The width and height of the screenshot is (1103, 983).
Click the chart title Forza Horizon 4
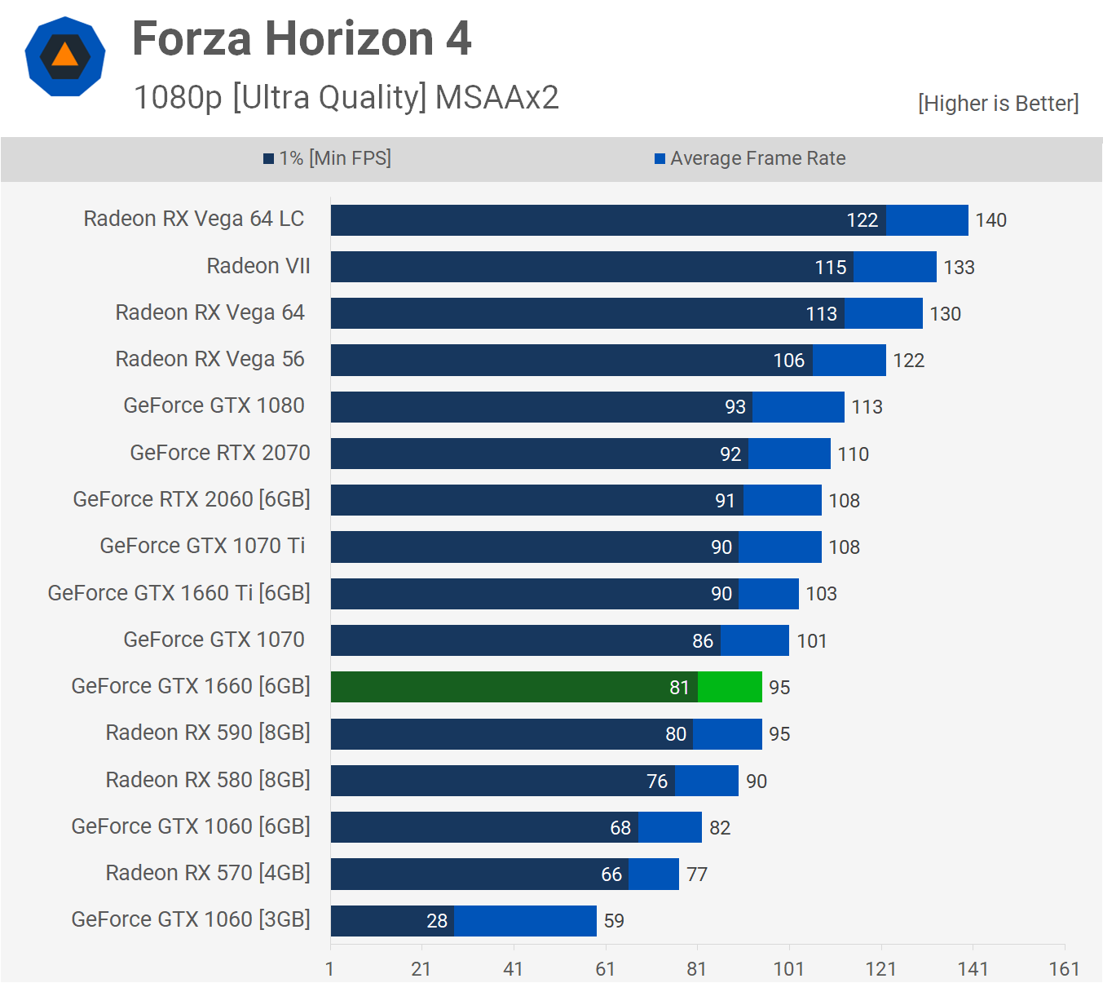tap(302, 39)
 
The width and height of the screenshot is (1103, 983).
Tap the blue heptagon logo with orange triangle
tap(65, 57)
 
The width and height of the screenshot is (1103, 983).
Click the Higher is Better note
tap(998, 104)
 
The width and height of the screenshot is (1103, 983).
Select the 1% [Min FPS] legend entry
tap(327, 158)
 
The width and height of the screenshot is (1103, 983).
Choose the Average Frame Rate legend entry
tap(750, 158)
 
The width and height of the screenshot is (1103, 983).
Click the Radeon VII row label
tap(258, 266)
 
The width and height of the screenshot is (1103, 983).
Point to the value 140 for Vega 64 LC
tap(990, 220)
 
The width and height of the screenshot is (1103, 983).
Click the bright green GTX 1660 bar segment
tap(730, 687)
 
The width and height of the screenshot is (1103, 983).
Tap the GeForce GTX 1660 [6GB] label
tap(191, 686)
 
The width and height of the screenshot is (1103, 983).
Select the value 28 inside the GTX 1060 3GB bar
tap(437, 921)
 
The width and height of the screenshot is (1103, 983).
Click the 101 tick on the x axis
tap(788, 968)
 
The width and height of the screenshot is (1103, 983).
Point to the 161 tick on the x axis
tap(1064, 968)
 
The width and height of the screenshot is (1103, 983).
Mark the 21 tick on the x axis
tap(421, 968)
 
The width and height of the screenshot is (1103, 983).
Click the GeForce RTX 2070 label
tap(220, 453)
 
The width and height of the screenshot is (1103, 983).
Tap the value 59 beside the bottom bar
tap(614, 921)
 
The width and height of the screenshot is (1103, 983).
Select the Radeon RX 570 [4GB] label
tap(208, 873)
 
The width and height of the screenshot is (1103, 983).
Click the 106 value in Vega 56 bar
tap(788, 361)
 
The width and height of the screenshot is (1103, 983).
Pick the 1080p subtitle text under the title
tap(346, 97)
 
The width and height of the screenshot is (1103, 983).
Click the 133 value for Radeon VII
tap(959, 268)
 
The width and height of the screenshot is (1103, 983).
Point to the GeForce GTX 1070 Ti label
tap(202, 546)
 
